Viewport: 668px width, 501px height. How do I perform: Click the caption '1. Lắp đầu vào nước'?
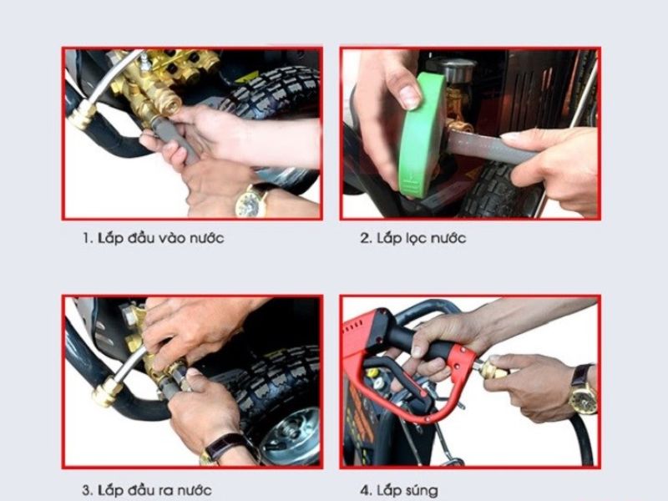click(x=154, y=238)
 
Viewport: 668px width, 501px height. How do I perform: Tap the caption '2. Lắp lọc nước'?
click(x=412, y=238)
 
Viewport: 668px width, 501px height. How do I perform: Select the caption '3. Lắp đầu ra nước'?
click(x=147, y=489)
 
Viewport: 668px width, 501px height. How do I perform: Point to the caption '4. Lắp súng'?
click(x=399, y=490)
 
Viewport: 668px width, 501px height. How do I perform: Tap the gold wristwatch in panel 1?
click(x=251, y=200)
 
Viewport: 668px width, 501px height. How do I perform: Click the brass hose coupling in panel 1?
click(x=82, y=115)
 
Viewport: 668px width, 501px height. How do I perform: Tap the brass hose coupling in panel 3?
click(x=107, y=391)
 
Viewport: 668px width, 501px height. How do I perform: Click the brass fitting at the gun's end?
click(x=492, y=369)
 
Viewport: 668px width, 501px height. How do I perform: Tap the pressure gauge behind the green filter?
click(x=452, y=69)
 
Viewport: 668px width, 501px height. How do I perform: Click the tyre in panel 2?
click(x=498, y=192)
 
